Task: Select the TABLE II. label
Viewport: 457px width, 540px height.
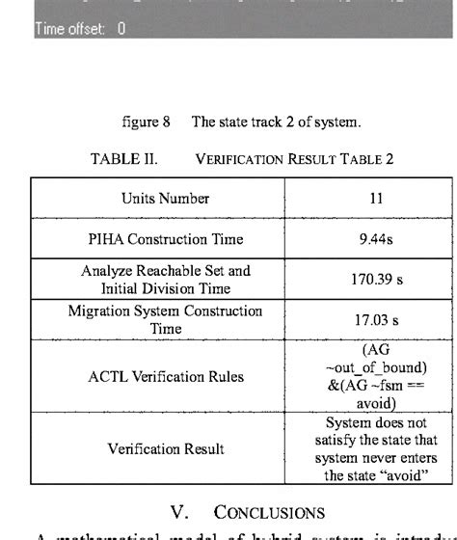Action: [123, 159]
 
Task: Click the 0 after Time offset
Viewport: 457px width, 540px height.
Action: [121, 29]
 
